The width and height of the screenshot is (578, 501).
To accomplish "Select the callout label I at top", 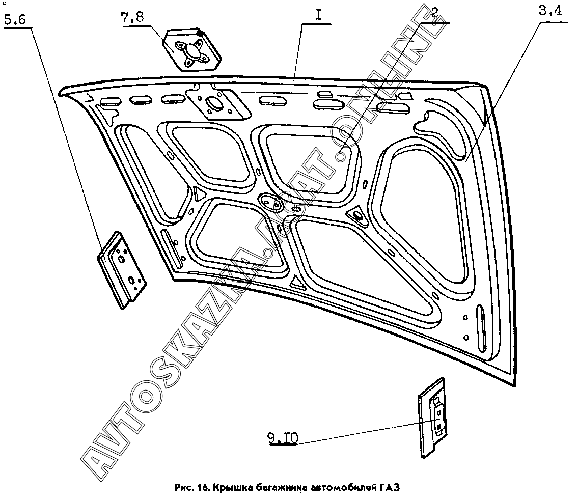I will pyautogui.click(x=318, y=15).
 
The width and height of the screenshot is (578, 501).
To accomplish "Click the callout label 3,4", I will pyautogui.click(x=550, y=12).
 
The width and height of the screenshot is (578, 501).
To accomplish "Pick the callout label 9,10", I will pyautogui.click(x=282, y=437).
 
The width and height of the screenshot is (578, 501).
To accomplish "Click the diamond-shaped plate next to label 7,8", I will pyautogui.click(x=192, y=50).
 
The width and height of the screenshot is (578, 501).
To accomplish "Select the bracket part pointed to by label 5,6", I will pyautogui.click(x=122, y=267).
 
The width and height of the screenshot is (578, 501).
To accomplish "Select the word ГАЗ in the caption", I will pyautogui.click(x=390, y=488).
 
